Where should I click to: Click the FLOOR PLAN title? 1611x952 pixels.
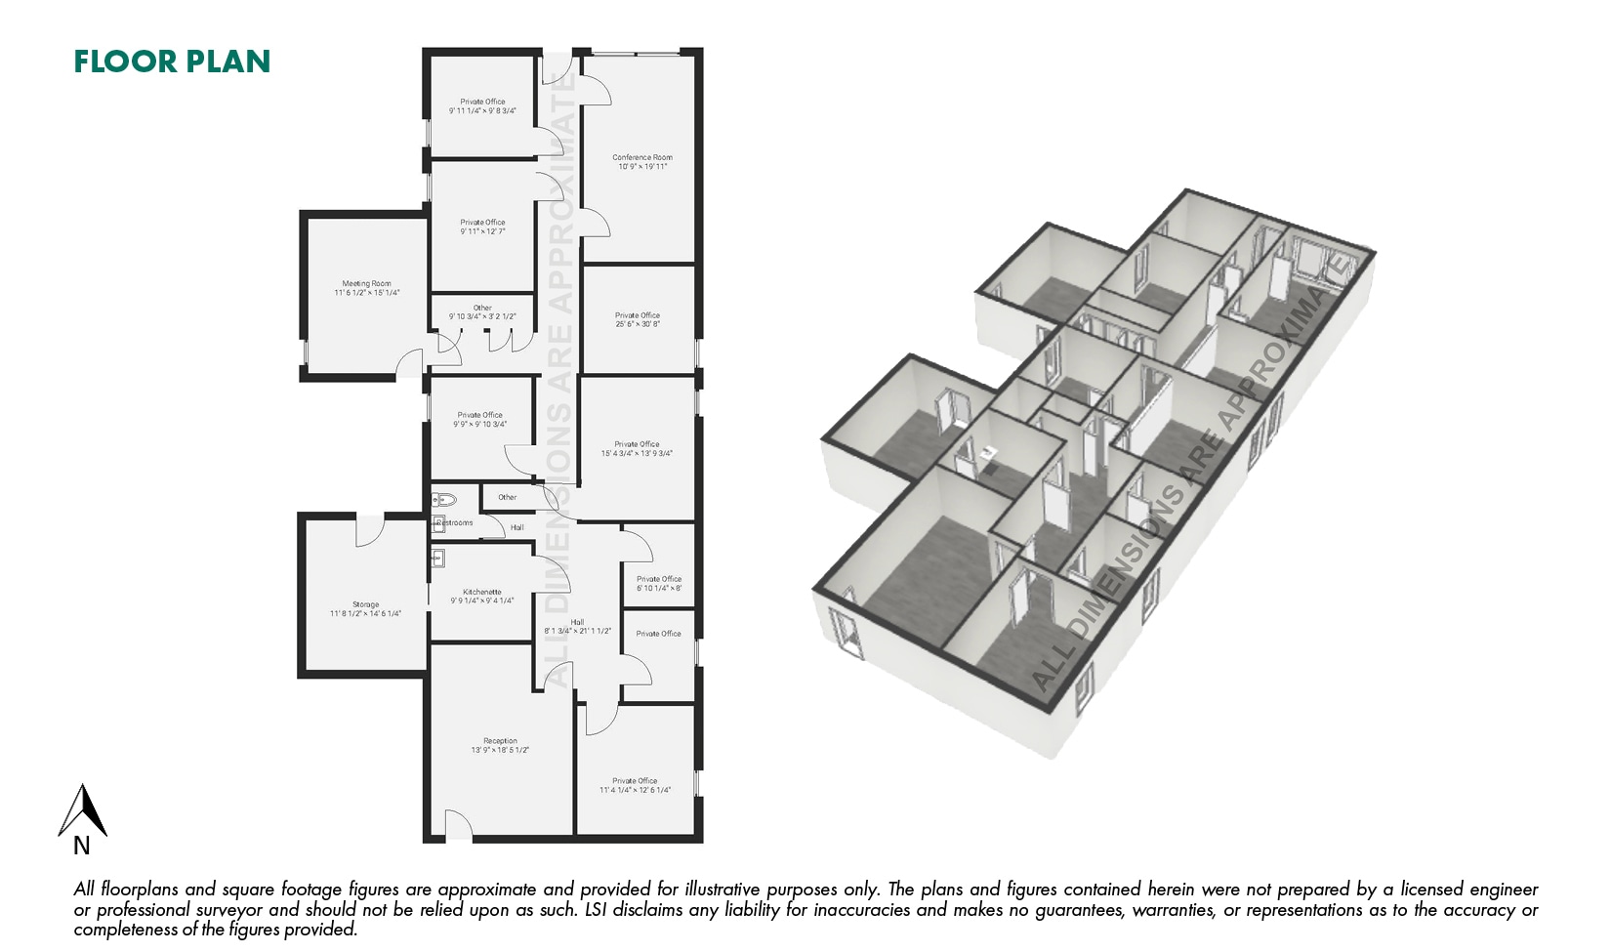pos(172,62)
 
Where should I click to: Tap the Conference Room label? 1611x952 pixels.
pos(642,157)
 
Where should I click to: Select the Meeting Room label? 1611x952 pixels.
pos(366,283)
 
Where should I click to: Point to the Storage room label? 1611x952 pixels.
pos(365,604)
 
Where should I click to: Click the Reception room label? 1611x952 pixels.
pos(500,741)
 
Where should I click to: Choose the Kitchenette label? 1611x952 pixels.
pos(482,592)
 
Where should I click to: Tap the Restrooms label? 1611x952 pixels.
pos(455,523)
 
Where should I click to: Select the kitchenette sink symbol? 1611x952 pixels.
pos(438,559)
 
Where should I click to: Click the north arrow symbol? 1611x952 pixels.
pos(83,809)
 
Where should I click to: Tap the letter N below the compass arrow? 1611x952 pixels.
pos(82,847)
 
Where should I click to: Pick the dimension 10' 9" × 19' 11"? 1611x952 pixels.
pos(642,167)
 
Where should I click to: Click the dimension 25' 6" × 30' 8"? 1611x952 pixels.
pos(638,324)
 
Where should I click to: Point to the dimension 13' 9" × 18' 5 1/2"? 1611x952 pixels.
pos(500,751)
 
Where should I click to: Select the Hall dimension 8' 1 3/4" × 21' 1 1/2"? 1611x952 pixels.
pos(577,632)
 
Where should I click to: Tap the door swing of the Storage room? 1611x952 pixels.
pos(369,530)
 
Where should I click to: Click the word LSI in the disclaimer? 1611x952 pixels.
pos(597,910)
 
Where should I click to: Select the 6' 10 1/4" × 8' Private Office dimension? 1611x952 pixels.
pos(659,589)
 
